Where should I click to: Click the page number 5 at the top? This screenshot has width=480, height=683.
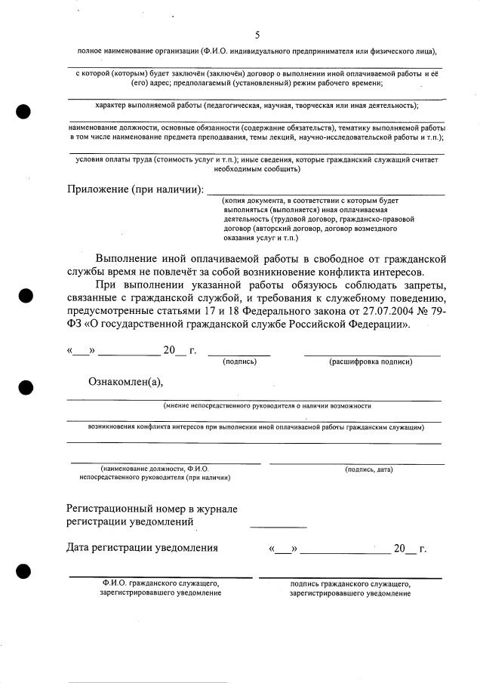257,35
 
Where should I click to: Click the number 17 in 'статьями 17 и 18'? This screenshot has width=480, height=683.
209,312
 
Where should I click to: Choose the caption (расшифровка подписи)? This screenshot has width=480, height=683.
371,362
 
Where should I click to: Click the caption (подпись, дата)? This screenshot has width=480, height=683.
368,469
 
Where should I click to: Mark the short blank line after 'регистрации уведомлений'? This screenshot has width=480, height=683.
278,525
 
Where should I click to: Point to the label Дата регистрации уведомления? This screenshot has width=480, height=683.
142,547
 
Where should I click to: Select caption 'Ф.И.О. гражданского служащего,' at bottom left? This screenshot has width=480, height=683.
161,583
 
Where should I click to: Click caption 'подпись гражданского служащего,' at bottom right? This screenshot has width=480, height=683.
349,583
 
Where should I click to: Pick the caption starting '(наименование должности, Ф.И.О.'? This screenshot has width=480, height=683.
155,469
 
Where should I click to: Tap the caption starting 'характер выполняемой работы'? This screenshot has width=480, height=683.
257,105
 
